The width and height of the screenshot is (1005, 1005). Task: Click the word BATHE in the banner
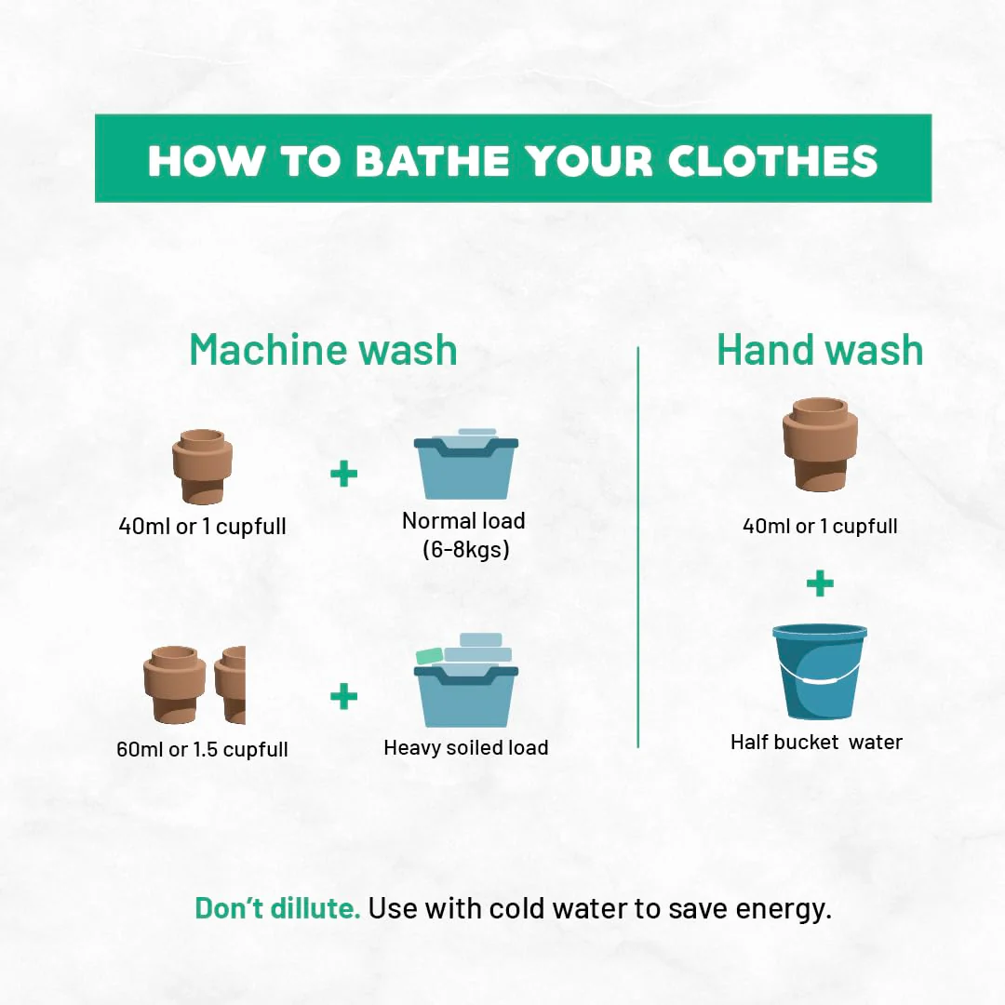(x=433, y=160)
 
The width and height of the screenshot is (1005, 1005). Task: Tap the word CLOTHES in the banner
(x=772, y=160)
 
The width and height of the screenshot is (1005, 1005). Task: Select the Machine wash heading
(x=324, y=350)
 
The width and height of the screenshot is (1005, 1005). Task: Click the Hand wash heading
(x=820, y=350)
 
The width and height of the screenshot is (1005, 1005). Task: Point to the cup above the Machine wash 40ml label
(x=202, y=466)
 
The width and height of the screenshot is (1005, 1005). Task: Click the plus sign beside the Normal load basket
(x=343, y=474)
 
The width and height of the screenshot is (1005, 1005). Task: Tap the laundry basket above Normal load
(x=466, y=464)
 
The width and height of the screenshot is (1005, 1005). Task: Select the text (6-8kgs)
(x=466, y=549)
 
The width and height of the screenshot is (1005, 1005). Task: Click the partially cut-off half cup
(x=231, y=685)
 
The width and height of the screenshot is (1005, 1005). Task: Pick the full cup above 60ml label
(x=174, y=684)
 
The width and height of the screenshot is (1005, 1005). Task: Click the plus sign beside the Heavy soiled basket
(x=343, y=696)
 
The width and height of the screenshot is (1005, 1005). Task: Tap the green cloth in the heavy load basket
(x=429, y=656)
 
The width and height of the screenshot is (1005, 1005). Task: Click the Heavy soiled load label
(x=466, y=747)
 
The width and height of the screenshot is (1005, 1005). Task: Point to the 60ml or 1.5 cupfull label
(x=202, y=748)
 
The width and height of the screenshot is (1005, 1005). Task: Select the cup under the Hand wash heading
(x=820, y=444)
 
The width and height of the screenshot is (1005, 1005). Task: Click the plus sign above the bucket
(x=820, y=583)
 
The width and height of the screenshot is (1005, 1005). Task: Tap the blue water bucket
(x=820, y=670)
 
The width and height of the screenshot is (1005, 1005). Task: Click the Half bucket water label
(x=817, y=742)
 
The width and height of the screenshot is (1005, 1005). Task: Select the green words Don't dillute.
(x=277, y=908)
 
